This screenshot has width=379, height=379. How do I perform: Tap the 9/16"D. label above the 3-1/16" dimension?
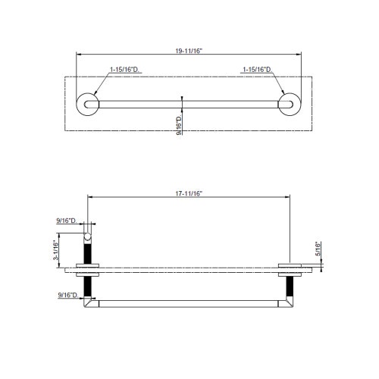pos(67,220)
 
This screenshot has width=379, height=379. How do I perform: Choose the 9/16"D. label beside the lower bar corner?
pos(67,294)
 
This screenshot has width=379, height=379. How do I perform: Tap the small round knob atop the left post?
pos(89,236)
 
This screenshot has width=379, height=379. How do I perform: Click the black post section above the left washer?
pos(89,251)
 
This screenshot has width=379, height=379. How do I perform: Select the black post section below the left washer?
pos(89,285)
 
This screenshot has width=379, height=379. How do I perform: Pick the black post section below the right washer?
pos(289,285)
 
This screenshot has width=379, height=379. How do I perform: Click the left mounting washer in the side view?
pos(89,267)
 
